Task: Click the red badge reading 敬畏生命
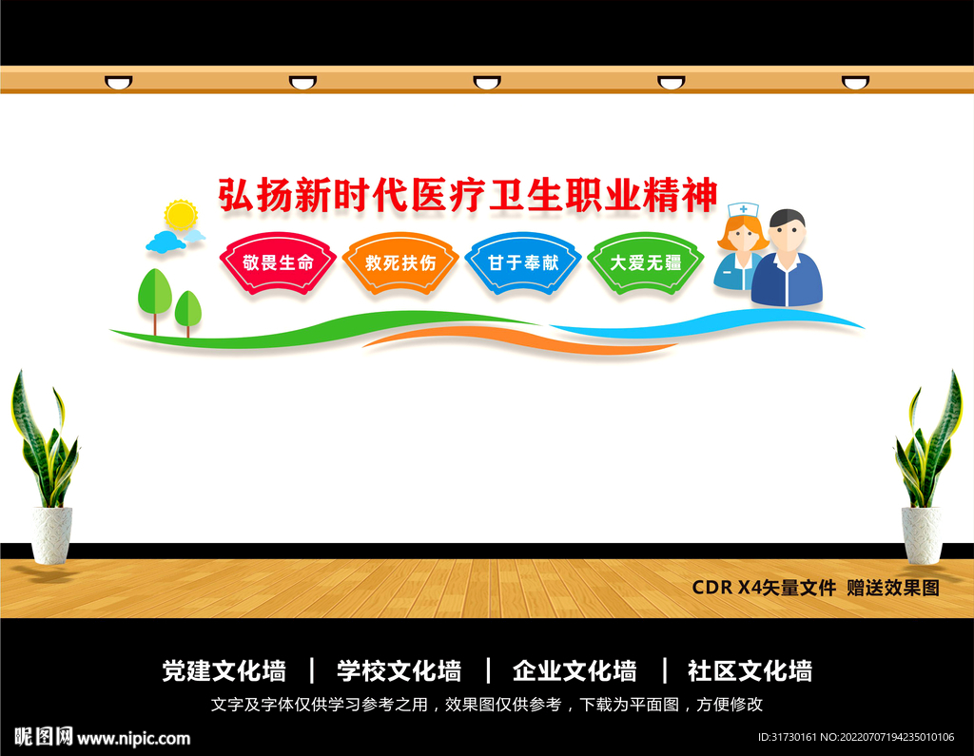(x=278, y=262)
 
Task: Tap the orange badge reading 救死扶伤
(x=400, y=262)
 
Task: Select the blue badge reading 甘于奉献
(x=523, y=262)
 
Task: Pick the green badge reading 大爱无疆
(x=646, y=262)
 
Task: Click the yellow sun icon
(x=180, y=216)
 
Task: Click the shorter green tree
(x=188, y=308)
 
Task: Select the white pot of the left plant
(x=51, y=533)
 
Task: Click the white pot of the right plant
(x=922, y=533)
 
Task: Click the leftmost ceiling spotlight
(x=119, y=83)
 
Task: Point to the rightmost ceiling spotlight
(x=855, y=83)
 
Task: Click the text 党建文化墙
(x=224, y=670)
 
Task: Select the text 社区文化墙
(x=750, y=670)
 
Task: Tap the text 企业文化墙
(x=575, y=670)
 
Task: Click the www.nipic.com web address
(x=133, y=738)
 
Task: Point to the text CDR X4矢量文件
(x=764, y=588)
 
